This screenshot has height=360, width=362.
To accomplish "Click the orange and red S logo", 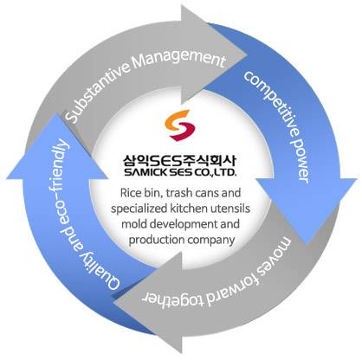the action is point(180,125).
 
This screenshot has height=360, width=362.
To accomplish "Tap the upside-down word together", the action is point(172,300).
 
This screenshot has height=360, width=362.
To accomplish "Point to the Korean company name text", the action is point(179,160).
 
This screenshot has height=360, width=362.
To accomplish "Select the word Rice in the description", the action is point(128,193).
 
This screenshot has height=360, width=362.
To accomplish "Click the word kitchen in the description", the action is point(189,209).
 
